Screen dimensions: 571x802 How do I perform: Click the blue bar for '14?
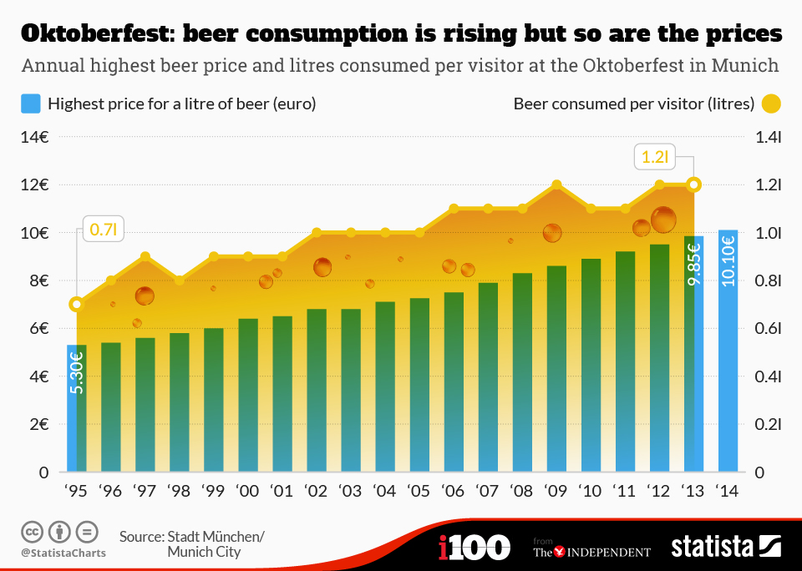pyautogui.click(x=728, y=351)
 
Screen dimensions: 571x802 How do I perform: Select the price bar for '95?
pyautogui.click(x=77, y=408)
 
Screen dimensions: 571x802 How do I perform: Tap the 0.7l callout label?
pyautogui.click(x=103, y=230)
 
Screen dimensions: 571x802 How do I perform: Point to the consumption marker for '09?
pyautogui.click(x=556, y=185)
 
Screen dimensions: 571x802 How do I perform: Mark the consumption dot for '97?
pyautogui.click(x=145, y=256)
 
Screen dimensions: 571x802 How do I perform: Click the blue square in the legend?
pyautogui.click(x=30, y=104)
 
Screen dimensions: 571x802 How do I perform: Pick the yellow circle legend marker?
pyautogui.click(x=770, y=104)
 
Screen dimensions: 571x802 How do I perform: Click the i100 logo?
pyautogui.click(x=474, y=548)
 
